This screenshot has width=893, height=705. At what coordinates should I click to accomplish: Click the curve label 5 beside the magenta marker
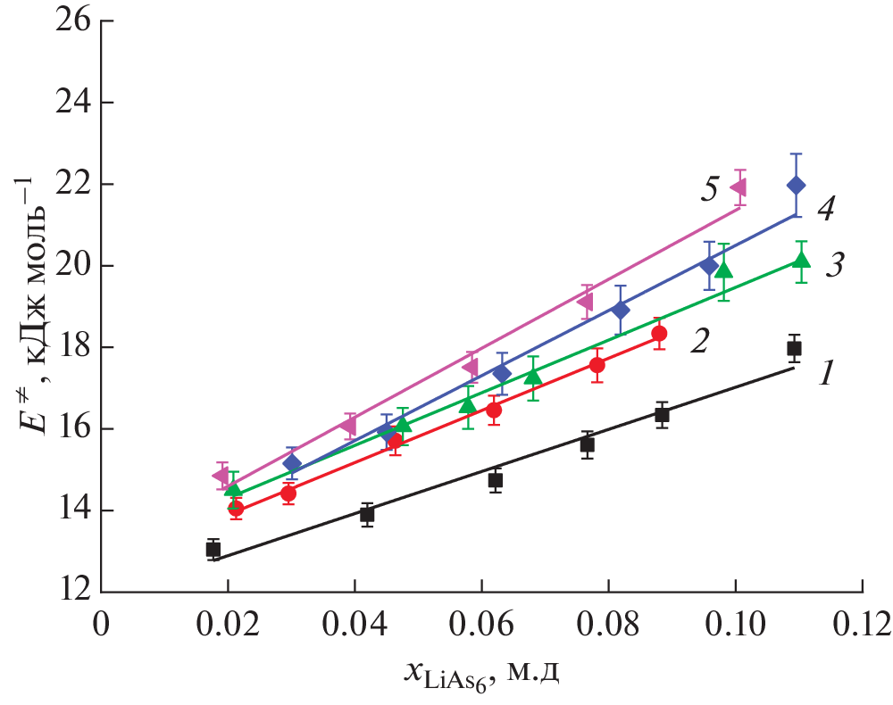[710, 190]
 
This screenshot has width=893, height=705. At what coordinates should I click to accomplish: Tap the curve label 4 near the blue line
[826, 211]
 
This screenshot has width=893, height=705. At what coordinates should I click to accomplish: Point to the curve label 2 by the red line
[699, 340]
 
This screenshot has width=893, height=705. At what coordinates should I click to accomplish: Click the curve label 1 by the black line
[827, 372]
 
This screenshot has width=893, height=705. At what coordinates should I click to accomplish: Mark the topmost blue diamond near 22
[796, 185]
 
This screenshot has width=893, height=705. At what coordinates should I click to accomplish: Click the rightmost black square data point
[794, 348]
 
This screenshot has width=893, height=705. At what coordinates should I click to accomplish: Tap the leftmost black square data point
[213, 550]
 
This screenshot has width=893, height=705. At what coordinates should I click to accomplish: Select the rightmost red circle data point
[659, 334]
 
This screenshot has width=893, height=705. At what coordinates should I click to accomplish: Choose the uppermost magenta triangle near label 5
[739, 187]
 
